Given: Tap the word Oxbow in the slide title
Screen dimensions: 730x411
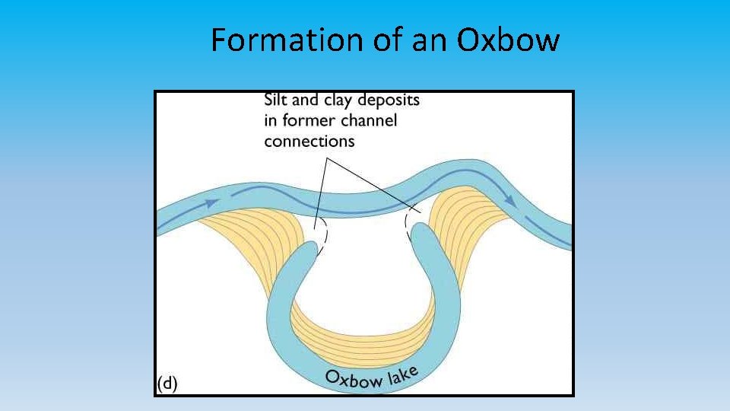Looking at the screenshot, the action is [x=509, y=40].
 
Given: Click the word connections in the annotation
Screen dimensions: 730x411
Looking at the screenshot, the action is [x=309, y=141].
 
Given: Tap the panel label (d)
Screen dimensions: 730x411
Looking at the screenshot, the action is [x=167, y=383].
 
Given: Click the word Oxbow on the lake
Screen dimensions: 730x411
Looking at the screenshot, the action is [x=353, y=378].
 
